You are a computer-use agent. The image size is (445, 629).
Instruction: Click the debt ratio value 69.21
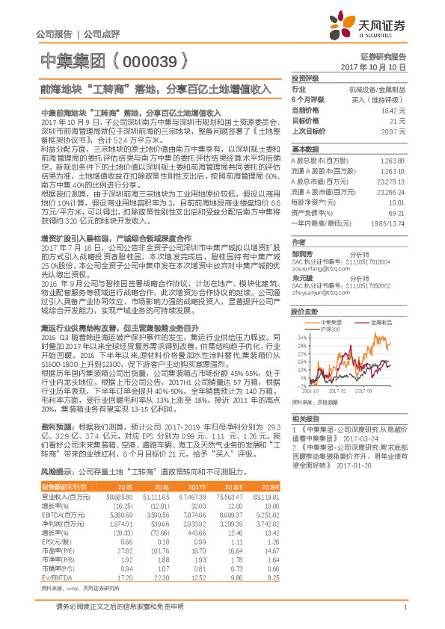coord(396,214)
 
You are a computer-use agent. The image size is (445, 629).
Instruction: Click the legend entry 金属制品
coord(381,300)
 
